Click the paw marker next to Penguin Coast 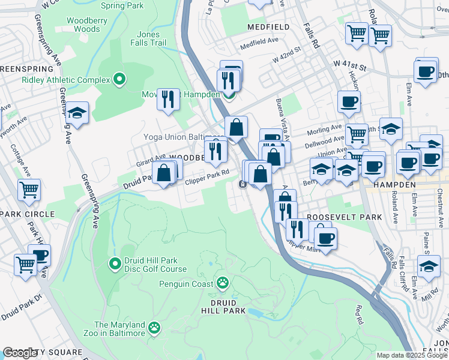[223, 282]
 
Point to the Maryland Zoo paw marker [155, 328]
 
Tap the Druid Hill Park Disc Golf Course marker [115, 263]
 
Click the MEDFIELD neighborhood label [268, 27]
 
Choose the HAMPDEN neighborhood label [394, 185]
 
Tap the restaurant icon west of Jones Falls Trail [168, 98]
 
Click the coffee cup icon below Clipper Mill [326, 239]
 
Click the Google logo [20, 353]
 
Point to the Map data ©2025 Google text [411, 355]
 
